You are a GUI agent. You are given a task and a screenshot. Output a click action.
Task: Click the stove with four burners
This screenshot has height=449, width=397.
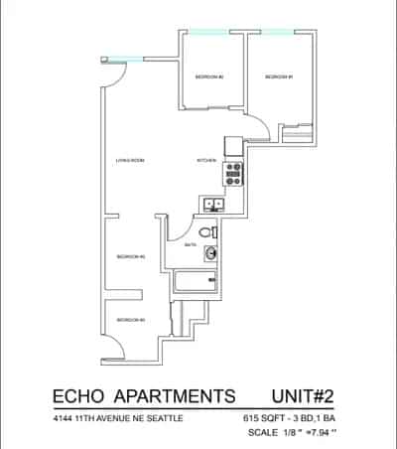(x=234, y=175)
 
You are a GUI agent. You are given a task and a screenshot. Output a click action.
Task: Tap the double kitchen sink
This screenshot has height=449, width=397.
(x=214, y=206)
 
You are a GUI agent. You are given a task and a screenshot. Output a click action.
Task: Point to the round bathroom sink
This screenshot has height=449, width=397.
(x=210, y=254)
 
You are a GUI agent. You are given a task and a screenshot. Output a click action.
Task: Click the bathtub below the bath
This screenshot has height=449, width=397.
(x=195, y=282)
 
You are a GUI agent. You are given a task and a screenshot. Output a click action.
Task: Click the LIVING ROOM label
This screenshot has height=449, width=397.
(x=125, y=159)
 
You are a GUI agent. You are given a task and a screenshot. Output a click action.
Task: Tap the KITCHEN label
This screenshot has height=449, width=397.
(x=205, y=159)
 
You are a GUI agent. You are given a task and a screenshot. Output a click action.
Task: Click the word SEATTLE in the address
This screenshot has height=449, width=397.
(x=163, y=419)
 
